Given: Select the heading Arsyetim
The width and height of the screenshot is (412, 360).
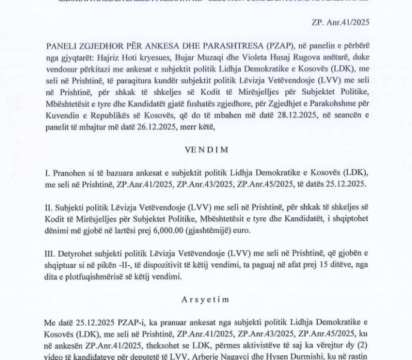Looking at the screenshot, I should [x=206, y=298].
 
